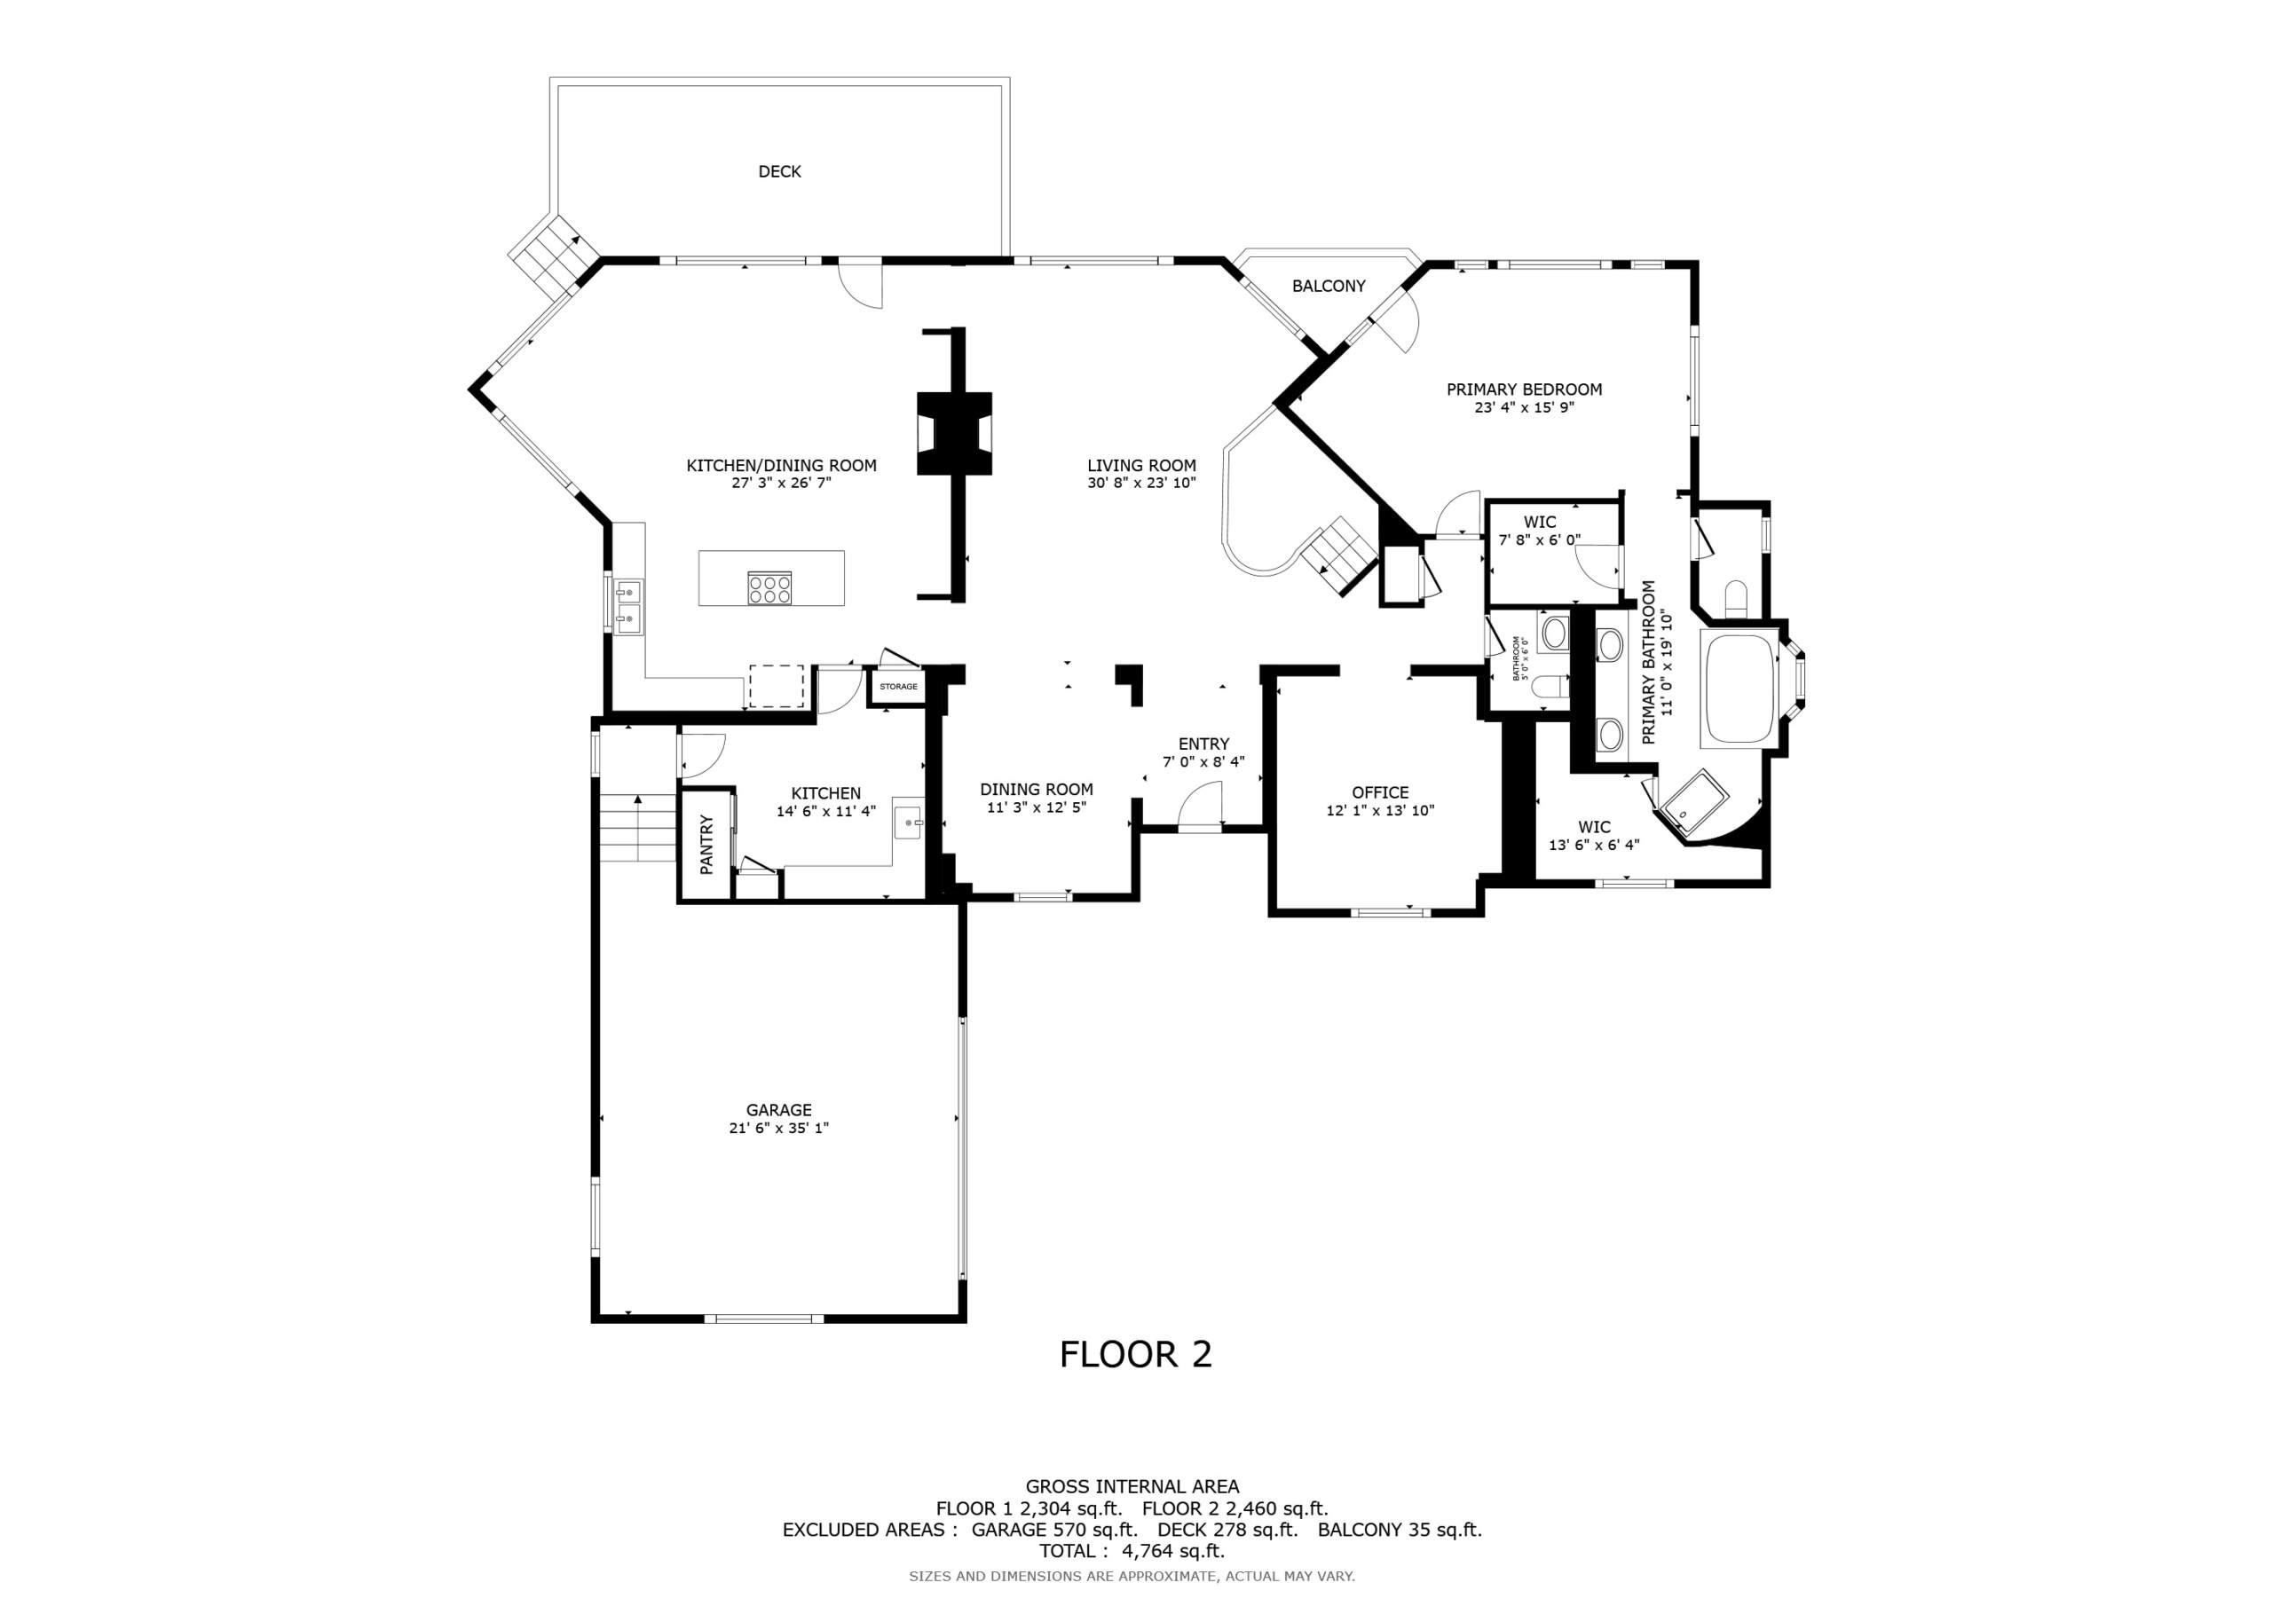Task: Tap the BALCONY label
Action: tap(1328, 286)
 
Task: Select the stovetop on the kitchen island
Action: tap(769, 589)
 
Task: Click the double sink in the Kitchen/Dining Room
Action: tap(627, 608)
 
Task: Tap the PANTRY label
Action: tap(706, 844)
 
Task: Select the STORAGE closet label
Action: tap(898, 687)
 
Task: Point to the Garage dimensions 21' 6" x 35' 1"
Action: tap(778, 1128)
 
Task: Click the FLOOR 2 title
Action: tap(1135, 1355)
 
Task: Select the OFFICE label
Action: tap(1379, 792)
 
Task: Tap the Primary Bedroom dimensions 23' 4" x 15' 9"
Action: tap(1524, 406)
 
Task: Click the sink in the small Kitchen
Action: tap(907, 817)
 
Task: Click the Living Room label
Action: tap(1141, 465)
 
